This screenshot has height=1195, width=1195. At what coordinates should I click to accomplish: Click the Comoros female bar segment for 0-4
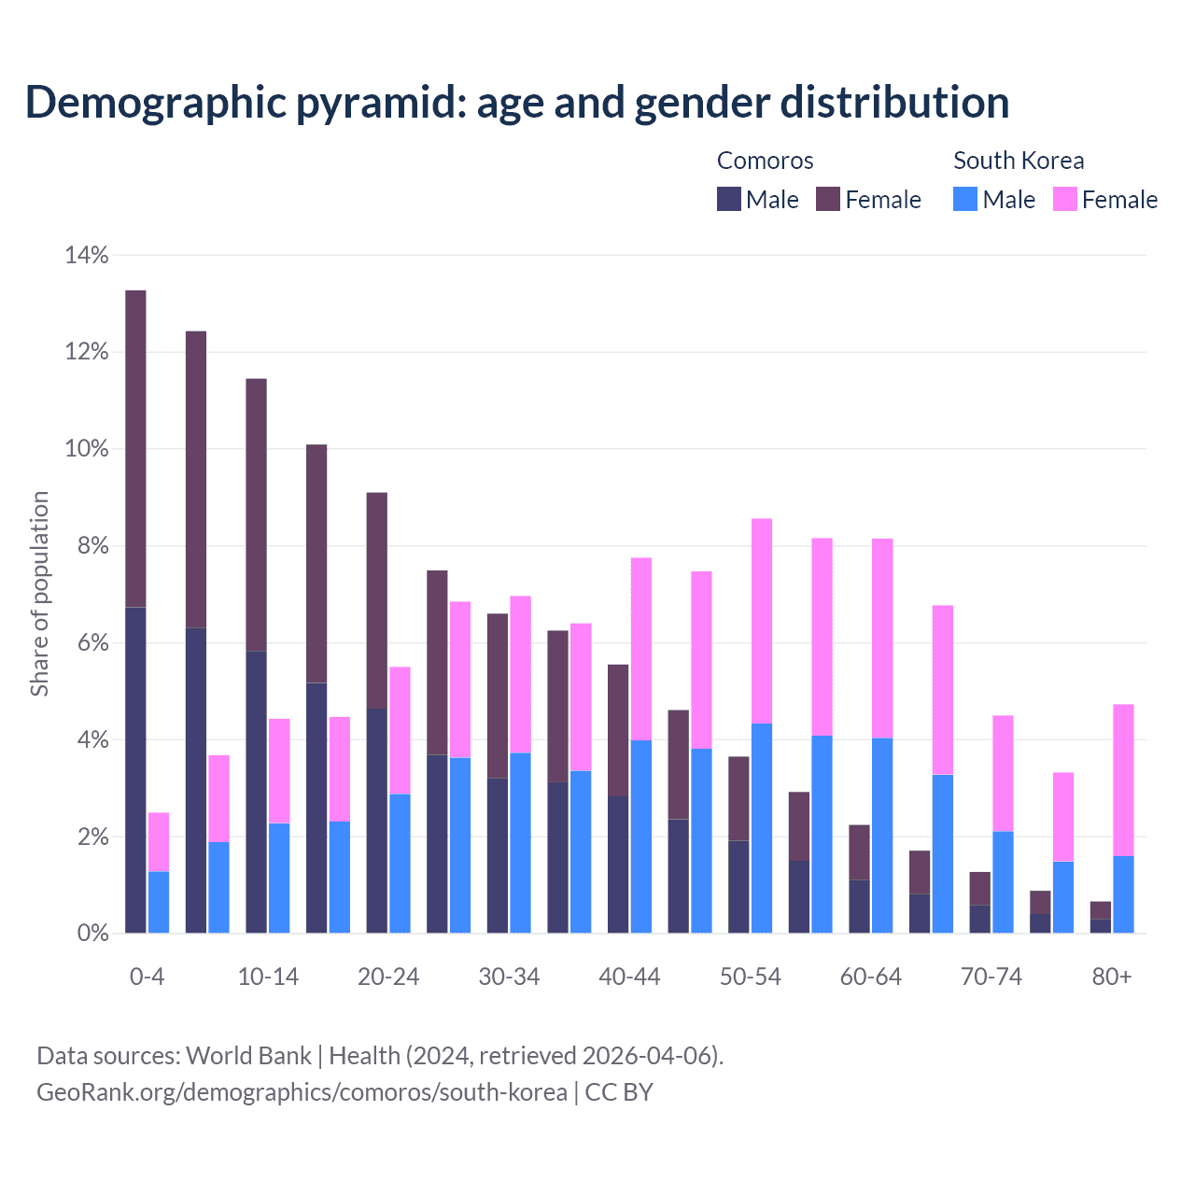(x=135, y=448)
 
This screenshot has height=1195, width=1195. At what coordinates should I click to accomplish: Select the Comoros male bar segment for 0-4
(x=135, y=770)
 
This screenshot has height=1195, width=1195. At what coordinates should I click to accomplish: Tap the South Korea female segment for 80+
(x=1123, y=780)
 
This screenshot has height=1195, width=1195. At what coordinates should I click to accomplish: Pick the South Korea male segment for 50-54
(x=762, y=828)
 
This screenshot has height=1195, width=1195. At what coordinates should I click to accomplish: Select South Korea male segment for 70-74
(x=1003, y=881)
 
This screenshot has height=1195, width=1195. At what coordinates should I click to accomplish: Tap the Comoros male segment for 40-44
(x=618, y=865)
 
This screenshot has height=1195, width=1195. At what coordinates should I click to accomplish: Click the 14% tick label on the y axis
(x=87, y=255)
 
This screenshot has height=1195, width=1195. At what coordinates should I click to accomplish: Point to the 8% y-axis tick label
(x=92, y=546)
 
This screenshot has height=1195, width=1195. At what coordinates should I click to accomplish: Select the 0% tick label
(x=92, y=934)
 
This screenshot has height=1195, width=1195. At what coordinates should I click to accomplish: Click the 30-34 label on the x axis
(x=509, y=977)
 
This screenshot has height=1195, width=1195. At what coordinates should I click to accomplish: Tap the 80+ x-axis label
(x=1112, y=977)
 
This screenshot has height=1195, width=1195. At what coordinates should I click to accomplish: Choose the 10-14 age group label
(x=268, y=977)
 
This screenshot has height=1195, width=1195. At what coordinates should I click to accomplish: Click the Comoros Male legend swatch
(x=729, y=199)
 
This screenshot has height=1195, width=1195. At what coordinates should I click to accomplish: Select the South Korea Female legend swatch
(x=1065, y=199)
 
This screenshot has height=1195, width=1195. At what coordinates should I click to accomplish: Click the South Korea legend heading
(x=1019, y=161)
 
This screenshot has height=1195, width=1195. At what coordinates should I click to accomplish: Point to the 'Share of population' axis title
(x=39, y=594)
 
